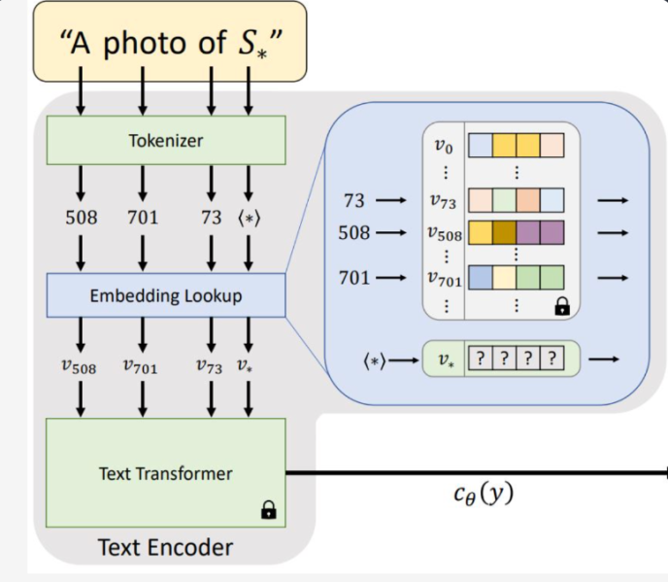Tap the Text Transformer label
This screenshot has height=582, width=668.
(165, 474)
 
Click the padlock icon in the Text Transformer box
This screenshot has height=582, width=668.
(269, 508)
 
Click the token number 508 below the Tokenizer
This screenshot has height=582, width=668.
(82, 218)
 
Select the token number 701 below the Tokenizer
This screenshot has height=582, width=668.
(142, 218)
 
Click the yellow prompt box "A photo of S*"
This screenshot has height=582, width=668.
(169, 41)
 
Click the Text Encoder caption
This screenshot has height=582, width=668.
(165, 547)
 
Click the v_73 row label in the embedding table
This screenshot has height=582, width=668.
(444, 200)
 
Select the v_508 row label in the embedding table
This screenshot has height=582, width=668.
(444, 234)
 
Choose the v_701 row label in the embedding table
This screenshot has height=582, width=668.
(444, 279)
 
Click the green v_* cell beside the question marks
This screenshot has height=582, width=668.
(445, 359)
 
